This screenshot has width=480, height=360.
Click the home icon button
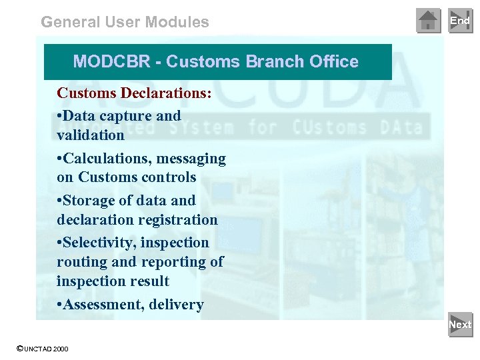click(x=428, y=21)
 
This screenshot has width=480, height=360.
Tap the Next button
click(x=460, y=325)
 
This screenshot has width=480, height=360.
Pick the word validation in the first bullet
click(x=91, y=135)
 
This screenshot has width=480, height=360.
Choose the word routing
click(x=78, y=262)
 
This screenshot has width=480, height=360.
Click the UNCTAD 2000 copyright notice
click(x=43, y=349)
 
